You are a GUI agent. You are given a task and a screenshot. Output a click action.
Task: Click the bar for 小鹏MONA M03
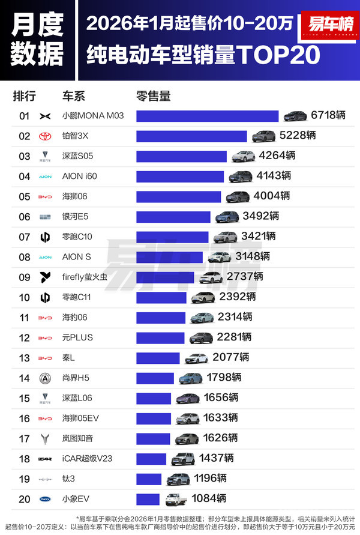[207, 116]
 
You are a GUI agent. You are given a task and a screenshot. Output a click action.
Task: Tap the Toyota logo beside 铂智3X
[45, 136]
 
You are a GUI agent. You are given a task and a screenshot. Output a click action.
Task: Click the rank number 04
[24, 177]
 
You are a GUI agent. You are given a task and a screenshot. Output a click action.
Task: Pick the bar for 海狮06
[178, 196]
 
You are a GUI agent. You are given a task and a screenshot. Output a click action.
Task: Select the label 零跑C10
[79, 237]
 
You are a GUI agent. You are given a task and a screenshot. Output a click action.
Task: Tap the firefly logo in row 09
[45, 277]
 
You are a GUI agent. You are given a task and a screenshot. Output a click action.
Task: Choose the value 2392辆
[236, 297]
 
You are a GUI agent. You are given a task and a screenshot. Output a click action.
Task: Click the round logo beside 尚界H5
[45, 378]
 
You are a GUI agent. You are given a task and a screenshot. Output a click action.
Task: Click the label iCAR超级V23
[87, 459]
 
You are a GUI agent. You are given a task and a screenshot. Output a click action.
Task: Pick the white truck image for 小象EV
[172, 498]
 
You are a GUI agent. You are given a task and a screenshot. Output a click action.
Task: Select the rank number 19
[24, 479]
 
